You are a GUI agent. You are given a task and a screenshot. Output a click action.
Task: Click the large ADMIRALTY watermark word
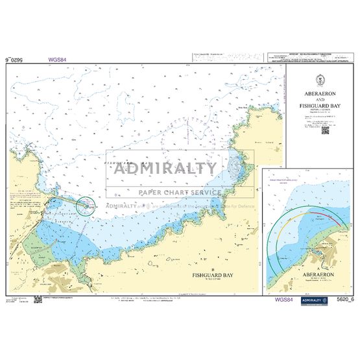[166, 169]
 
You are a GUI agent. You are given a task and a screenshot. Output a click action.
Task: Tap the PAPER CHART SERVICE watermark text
[178, 192]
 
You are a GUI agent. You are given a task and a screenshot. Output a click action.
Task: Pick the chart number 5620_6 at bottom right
[339, 300]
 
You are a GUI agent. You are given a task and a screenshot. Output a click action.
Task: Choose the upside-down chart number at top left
[19, 60]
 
